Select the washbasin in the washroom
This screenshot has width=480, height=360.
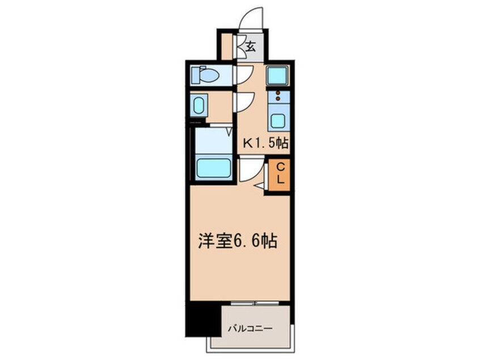coord(199,106)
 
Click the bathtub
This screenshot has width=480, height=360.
coord(213,168)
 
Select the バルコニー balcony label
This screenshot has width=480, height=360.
coord(251,328)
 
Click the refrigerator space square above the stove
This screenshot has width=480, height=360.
coord(278,76)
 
